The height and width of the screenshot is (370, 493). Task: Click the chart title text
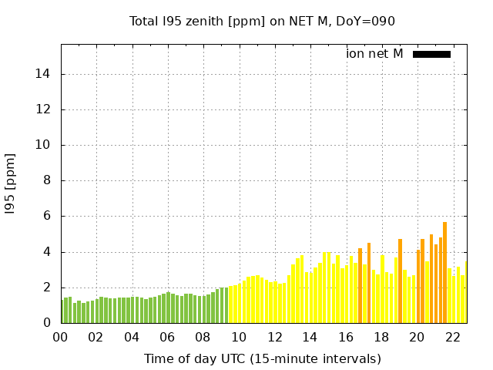pyautogui.click(x=262, y=21)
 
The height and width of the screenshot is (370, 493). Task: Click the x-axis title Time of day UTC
pyautogui.click(x=262, y=358)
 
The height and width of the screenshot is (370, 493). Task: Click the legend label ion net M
pyautogui.click(x=374, y=53)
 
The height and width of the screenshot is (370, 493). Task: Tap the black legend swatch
pyautogui.click(x=431, y=54)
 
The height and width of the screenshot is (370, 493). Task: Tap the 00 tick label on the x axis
pyautogui.click(x=60, y=337)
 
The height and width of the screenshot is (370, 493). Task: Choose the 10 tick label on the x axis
pyautogui.click(x=239, y=337)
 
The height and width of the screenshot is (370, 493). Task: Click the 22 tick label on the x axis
pyautogui.click(x=453, y=337)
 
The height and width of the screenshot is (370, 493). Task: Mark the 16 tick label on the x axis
pyautogui.click(x=346, y=337)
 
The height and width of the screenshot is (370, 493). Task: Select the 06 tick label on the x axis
pyautogui.click(x=167, y=337)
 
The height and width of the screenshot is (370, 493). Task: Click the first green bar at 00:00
pyautogui.click(x=62, y=311)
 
